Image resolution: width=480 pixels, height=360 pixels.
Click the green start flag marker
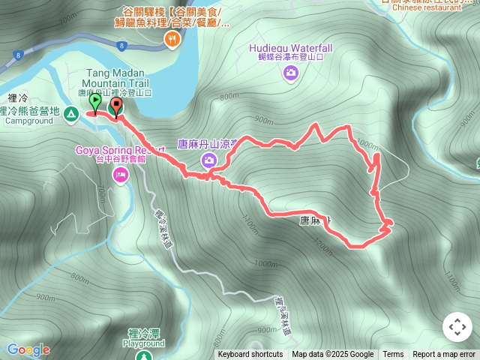click(x=94, y=100)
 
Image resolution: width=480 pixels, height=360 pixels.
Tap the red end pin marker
click(x=115, y=106)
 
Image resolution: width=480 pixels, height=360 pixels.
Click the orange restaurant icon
click(x=172, y=40)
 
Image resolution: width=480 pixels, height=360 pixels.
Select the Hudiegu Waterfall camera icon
click(x=290, y=73)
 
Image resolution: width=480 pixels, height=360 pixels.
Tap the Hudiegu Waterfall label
click(x=290, y=49)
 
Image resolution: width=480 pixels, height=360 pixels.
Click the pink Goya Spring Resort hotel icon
click(x=120, y=175)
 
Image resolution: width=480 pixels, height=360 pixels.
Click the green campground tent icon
click(x=70, y=114)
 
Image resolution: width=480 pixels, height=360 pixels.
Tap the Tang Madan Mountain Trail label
click(x=115, y=78)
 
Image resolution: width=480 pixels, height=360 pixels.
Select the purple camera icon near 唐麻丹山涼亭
click(x=209, y=160)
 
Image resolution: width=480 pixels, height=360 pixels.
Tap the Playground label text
click(x=143, y=343)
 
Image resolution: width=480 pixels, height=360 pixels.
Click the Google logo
click(x=28, y=350)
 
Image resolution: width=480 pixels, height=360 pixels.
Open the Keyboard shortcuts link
click(x=250, y=355)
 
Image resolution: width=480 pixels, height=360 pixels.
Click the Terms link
click(x=393, y=355)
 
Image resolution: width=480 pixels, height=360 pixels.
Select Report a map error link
click(x=444, y=355)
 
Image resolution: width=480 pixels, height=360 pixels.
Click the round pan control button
click(x=457, y=327)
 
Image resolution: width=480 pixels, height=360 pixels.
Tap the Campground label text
click(x=30, y=120)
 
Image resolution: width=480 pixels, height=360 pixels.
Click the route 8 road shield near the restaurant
click(x=121, y=46)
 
